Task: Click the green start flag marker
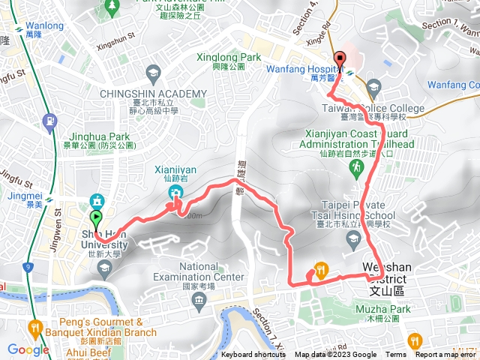[96, 218]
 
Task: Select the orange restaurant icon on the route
[320, 272]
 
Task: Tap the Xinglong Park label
[227, 57]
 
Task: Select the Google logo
[28, 349]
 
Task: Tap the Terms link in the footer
[396, 355]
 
